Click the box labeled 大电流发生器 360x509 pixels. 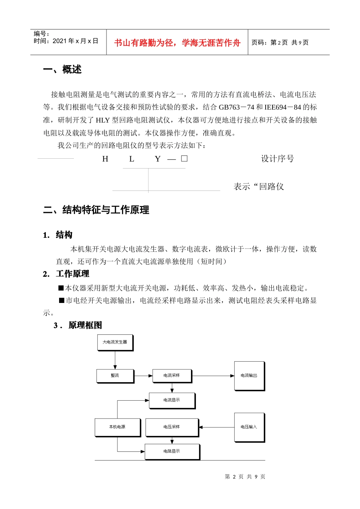[115, 342]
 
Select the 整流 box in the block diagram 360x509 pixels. [115, 376]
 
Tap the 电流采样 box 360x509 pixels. [172, 376]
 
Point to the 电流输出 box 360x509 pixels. [249, 376]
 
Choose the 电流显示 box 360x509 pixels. [172, 400]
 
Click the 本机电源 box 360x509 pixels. [117, 427]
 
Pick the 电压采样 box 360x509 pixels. [172, 427]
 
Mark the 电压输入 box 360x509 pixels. [249, 427]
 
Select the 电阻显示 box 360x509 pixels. [172, 451]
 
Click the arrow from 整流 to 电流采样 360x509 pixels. [143, 376]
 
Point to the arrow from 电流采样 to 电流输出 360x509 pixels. [213, 376]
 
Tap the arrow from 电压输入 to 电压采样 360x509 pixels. [217, 427]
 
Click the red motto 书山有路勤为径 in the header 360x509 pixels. [177, 43]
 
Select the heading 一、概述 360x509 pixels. [62, 70]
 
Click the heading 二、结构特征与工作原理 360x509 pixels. [96, 210]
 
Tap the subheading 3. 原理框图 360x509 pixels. [78, 325]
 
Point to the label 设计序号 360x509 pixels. [277, 159]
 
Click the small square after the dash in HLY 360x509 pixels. [184, 159]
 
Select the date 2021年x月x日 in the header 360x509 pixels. [75, 41]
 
